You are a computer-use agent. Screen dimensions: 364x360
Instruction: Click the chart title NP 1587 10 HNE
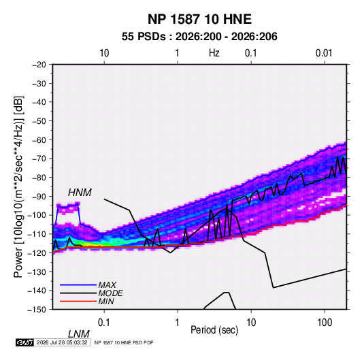[199, 19]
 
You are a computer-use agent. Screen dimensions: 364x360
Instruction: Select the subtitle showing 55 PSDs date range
[199, 37]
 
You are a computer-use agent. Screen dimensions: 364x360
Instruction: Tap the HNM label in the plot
[80, 193]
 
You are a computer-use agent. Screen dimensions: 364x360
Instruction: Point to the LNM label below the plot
[78, 334]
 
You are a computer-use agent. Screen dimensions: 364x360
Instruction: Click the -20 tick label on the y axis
[39, 65]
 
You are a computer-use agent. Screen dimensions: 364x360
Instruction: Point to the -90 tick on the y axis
[39, 196]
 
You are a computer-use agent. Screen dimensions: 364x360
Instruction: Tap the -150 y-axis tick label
[37, 310]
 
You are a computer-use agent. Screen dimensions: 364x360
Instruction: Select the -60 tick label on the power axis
[39, 140]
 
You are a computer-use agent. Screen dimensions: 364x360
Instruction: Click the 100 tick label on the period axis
[325, 323]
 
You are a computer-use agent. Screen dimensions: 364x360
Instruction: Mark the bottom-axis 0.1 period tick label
[104, 323]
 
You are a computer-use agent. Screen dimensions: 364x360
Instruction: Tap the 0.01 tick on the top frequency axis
[324, 53]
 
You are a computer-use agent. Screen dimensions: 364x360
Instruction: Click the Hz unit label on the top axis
[214, 53]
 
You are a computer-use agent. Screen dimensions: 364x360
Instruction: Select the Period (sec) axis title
[214, 330]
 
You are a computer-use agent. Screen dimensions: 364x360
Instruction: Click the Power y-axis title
[18, 186]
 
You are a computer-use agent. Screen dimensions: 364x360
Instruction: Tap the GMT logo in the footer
[24, 342]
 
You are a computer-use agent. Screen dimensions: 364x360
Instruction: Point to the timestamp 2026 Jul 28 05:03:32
[62, 342]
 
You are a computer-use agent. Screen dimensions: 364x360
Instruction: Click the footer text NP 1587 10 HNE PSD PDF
[124, 342]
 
